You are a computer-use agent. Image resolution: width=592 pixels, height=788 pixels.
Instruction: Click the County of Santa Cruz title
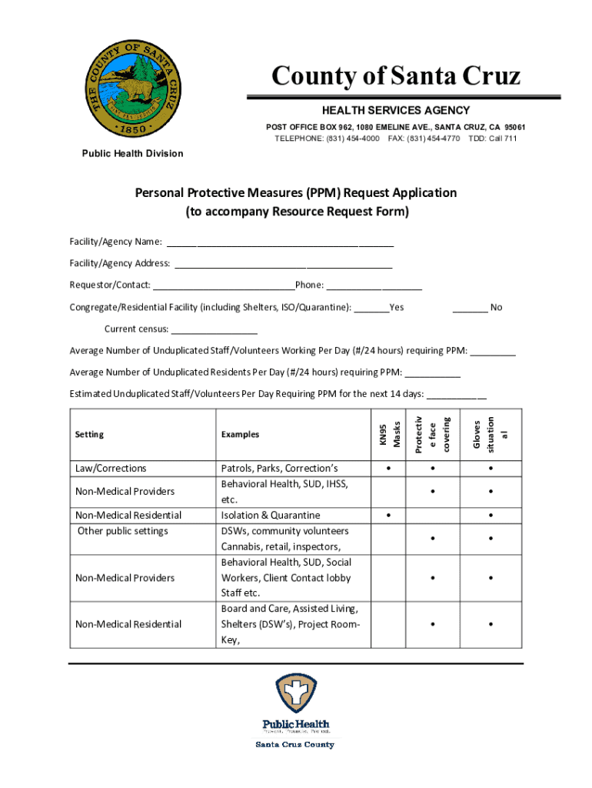[x=396, y=76]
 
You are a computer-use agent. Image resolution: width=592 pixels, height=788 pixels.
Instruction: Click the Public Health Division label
[x=133, y=153]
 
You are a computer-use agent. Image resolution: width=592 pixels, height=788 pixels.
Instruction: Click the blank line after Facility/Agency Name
[x=280, y=244]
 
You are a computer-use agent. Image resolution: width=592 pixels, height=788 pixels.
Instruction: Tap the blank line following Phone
[x=374, y=286]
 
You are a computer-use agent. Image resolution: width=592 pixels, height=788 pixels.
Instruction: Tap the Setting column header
[x=89, y=435]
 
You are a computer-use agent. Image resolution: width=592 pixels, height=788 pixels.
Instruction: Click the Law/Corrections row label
[x=111, y=469]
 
